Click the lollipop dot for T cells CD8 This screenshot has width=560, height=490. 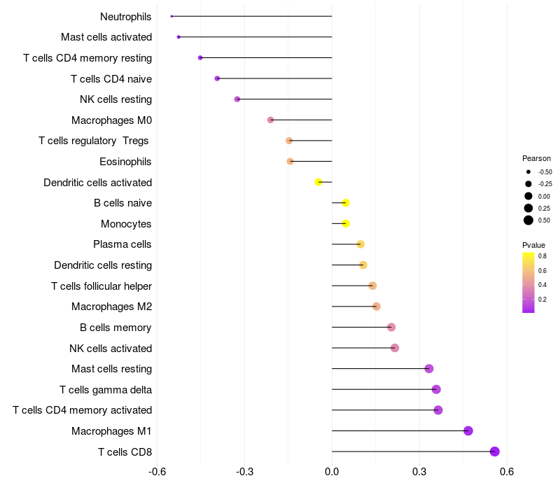point(495,451)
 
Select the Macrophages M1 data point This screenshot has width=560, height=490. point(468,430)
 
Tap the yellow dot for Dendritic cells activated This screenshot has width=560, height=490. point(318,182)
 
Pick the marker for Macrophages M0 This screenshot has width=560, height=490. point(271,120)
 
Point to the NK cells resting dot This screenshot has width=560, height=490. point(237,99)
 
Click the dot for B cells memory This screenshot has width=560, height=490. point(391,327)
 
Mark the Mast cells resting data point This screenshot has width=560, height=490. point(429,369)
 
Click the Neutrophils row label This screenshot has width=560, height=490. point(126,16)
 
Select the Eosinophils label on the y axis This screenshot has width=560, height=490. point(126,162)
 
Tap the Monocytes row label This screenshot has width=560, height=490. point(127,224)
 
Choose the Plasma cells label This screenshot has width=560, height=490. point(122,244)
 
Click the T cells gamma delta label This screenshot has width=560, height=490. point(106,389)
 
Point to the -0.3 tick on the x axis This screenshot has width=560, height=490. point(244,470)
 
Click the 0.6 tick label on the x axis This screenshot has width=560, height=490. point(507,470)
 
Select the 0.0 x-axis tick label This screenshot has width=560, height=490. point(332,470)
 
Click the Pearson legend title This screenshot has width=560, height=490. point(536,158)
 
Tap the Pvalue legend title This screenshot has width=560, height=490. point(533,245)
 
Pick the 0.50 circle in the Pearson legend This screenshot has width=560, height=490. point(528,220)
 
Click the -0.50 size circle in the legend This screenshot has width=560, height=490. point(528,171)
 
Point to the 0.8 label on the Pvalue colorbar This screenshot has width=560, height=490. point(542,256)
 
